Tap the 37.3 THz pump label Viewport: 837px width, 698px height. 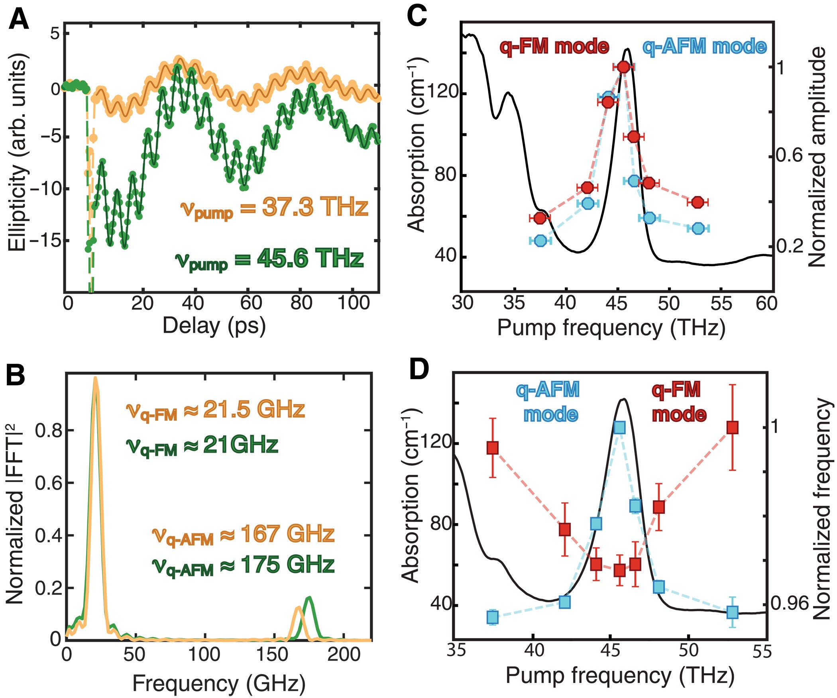pyautogui.click(x=274, y=208)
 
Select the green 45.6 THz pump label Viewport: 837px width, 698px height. pyautogui.click(x=269, y=259)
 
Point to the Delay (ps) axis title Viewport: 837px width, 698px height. pyautogui.click(x=214, y=325)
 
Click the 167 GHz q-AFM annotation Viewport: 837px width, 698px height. pyautogui.click(x=243, y=535)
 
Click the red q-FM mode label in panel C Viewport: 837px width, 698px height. pyautogui.click(x=554, y=47)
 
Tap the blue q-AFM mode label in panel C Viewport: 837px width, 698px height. pyautogui.click(x=704, y=47)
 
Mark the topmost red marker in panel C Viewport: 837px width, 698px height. pyautogui.click(x=624, y=67)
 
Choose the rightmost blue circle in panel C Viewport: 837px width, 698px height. pyautogui.click(x=698, y=228)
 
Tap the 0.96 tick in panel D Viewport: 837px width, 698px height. pyautogui.click(x=783, y=604)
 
